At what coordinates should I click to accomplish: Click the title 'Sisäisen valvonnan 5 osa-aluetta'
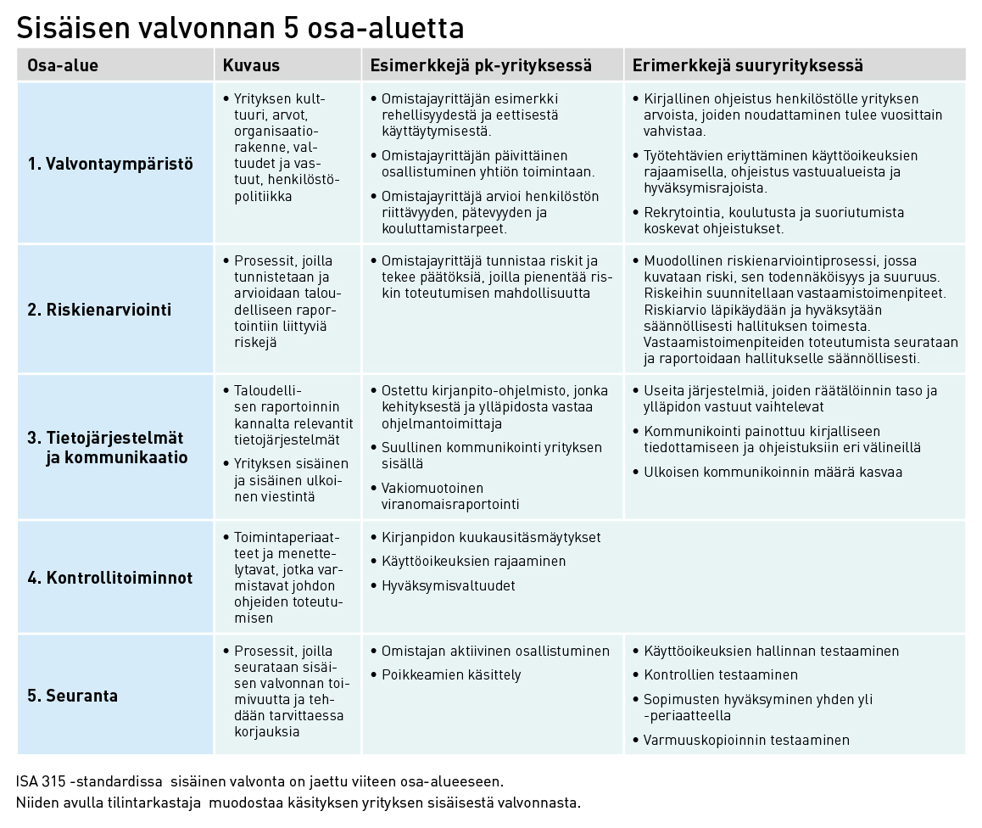[x=240, y=27]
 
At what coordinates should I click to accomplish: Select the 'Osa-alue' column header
[x=63, y=65]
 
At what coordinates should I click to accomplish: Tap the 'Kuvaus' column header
[x=251, y=65]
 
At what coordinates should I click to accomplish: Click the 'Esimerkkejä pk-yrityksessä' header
[x=481, y=65]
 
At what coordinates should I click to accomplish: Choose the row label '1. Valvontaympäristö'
[x=110, y=164]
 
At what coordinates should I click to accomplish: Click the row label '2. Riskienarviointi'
[x=99, y=310]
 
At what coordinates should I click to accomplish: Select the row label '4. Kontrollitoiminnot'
[x=110, y=578]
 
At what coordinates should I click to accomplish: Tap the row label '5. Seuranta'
[x=72, y=696]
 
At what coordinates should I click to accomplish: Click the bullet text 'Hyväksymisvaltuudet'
[x=449, y=585]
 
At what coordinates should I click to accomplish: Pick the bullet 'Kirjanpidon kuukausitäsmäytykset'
[x=491, y=538]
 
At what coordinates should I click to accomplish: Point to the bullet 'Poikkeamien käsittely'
[x=451, y=675]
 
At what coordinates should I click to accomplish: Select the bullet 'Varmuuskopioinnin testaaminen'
[x=746, y=740]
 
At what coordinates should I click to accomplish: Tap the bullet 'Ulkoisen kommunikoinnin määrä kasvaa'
[x=773, y=472]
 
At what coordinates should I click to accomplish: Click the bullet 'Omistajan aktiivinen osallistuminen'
[x=495, y=652]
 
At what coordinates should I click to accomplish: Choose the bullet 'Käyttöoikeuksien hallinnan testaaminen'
[x=771, y=652]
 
